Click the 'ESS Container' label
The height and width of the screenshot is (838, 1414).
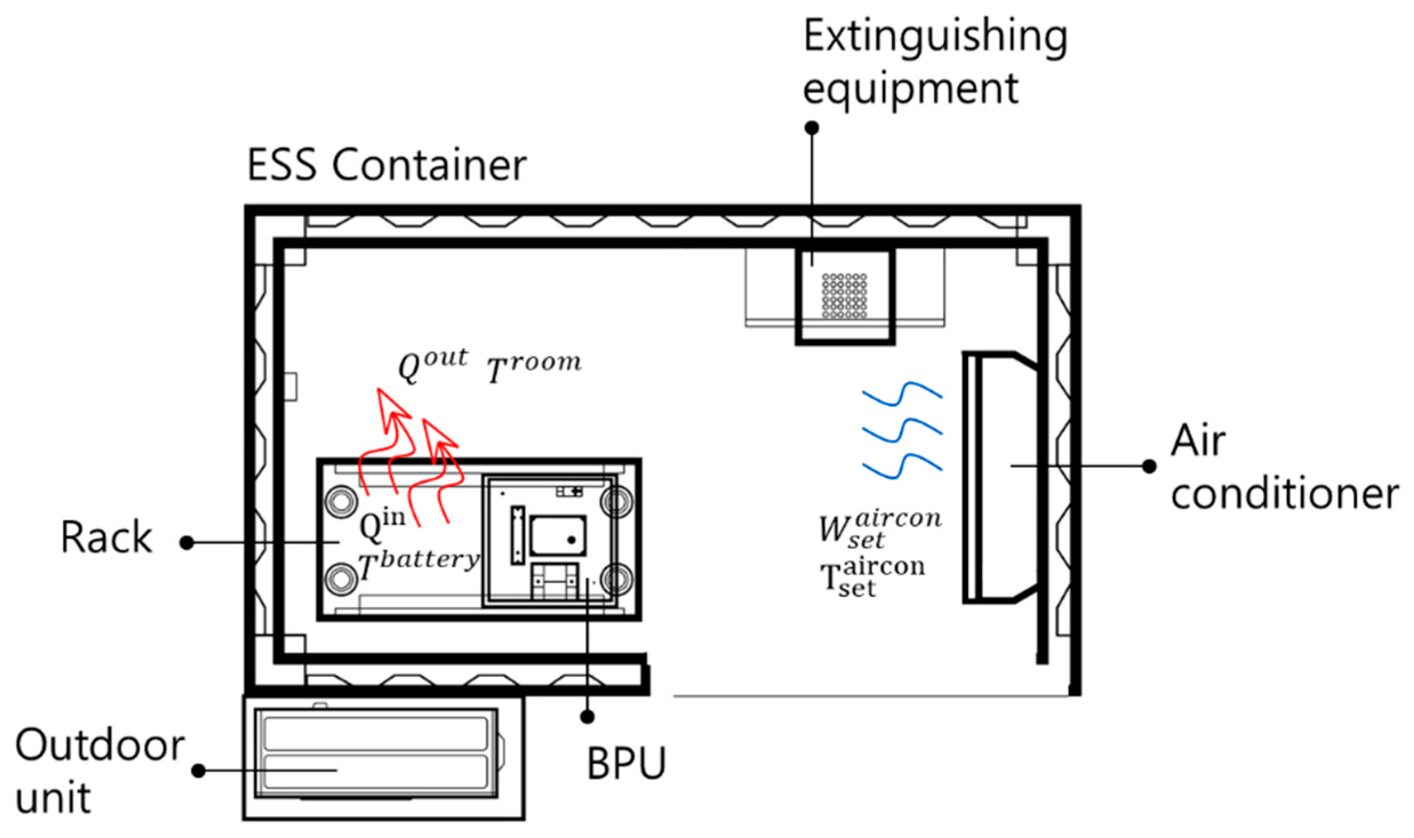386,165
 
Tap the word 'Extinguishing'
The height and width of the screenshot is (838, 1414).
935,37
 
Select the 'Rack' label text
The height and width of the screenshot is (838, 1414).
106,538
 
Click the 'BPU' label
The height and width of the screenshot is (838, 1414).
626,763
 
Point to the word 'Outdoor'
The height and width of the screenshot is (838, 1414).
100,745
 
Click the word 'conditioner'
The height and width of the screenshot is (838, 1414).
1284,494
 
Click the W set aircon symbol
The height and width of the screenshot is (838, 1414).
880,528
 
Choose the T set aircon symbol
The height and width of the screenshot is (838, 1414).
872,578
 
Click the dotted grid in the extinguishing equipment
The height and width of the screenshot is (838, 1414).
844,295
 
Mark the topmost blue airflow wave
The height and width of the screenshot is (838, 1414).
902,395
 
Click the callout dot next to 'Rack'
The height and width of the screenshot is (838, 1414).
187,543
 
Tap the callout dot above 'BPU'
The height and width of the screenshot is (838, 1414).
587,716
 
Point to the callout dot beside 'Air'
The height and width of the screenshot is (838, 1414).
1149,466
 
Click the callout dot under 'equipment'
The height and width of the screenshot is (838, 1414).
812,127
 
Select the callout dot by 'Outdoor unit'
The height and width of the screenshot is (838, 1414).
198,771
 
